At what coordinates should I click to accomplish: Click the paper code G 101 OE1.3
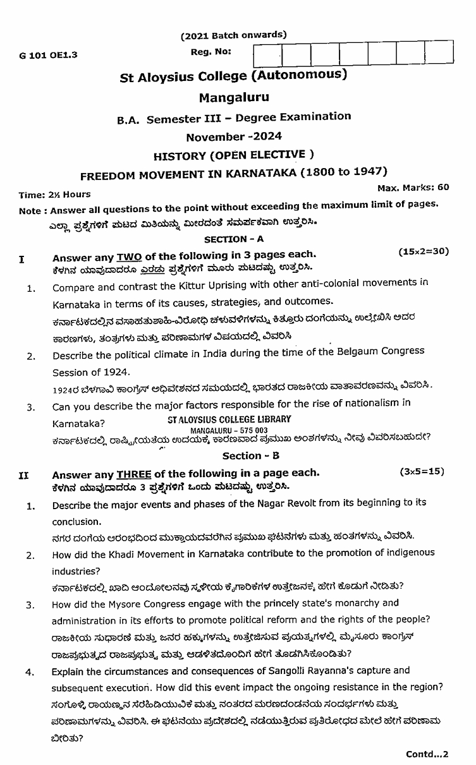point(48,55)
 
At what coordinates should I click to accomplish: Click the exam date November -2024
point(234,136)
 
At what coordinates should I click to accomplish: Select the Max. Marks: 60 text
point(413,187)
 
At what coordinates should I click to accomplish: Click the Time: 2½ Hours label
point(54,195)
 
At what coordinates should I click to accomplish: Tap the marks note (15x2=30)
point(424,251)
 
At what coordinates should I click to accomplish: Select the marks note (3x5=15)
point(422,471)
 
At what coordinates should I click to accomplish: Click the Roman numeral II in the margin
point(23,475)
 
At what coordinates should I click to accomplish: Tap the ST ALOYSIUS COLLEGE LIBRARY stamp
point(229,419)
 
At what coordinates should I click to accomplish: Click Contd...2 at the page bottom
point(427,754)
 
